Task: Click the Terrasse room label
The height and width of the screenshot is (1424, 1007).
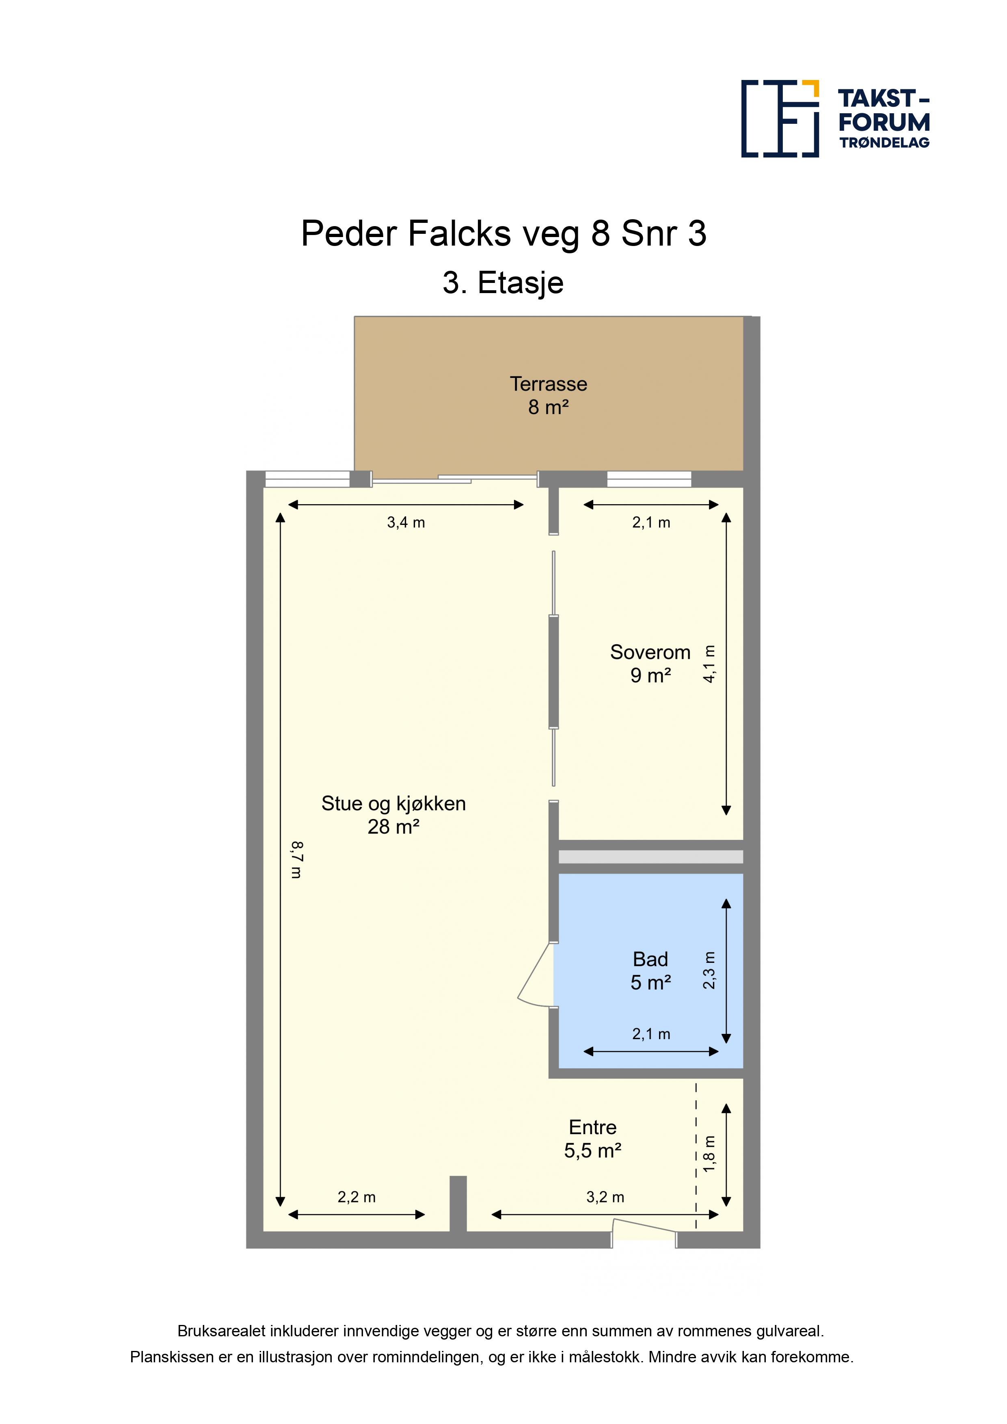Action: pos(549,384)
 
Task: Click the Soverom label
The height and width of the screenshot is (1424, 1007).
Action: pos(650,652)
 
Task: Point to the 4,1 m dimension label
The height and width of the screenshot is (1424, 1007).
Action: pos(709,664)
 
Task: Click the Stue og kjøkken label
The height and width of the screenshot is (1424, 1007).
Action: pos(393,803)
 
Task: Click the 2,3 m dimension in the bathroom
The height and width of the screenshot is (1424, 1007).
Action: pos(709,971)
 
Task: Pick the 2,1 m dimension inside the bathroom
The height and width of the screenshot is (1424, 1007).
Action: pos(651,1034)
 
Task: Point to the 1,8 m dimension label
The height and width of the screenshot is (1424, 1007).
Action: pos(709,1154)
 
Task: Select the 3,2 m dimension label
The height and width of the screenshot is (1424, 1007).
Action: pos(605,1197)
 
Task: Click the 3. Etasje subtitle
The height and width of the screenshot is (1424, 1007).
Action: pos(503,283)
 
